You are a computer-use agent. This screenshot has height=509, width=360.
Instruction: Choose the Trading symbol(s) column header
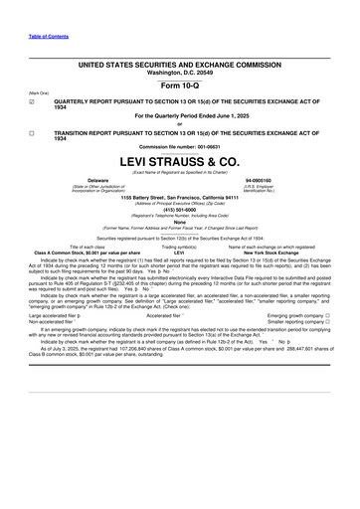179,247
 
